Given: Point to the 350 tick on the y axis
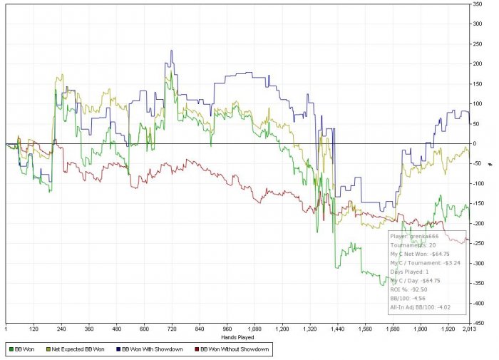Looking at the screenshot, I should coord(478,5).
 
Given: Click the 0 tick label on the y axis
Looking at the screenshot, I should coord(475,144).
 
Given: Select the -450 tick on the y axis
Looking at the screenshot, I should coord(480,322).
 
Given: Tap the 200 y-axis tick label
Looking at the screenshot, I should coord(478,64).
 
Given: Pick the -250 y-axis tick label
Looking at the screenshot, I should coord(480,243).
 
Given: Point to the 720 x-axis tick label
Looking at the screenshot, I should coord(171,330).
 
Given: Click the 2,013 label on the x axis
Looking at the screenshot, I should coord(468,330).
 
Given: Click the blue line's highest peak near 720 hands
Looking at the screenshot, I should coord(172,51).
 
